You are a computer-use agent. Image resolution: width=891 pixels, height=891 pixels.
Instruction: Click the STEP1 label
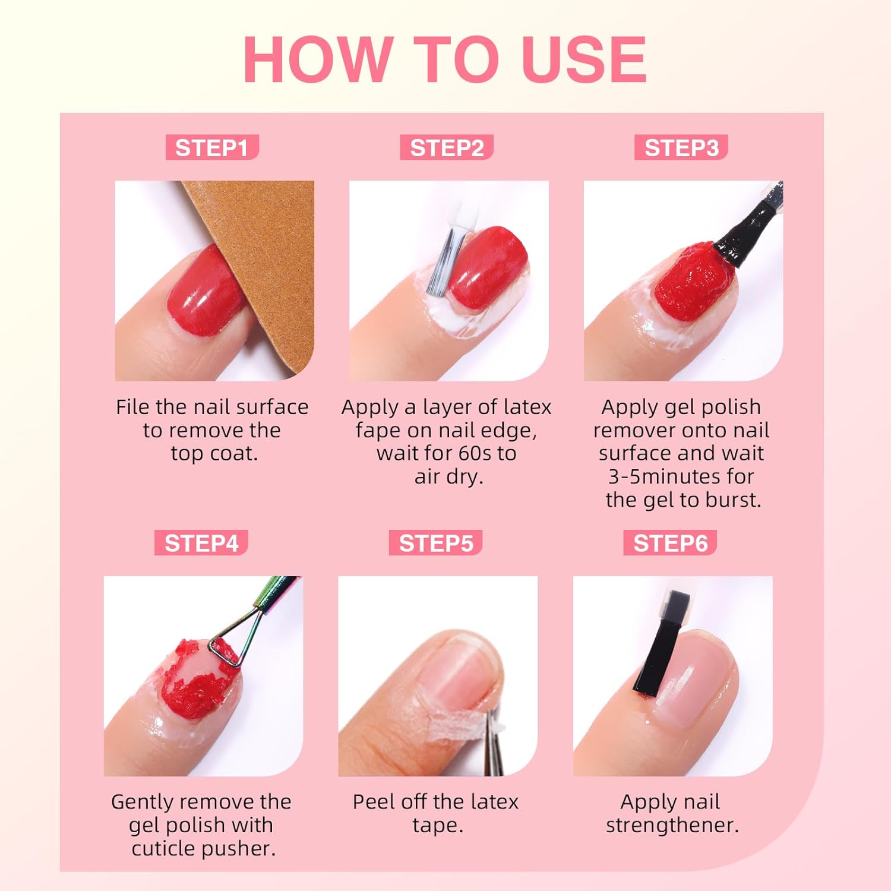(x=212, y=148)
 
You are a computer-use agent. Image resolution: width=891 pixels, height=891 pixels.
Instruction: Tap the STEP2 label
(x=447, y=148)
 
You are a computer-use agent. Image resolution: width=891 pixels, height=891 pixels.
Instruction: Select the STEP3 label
(x=681, y=148)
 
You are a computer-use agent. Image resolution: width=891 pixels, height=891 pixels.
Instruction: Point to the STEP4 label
(x=201, y=543)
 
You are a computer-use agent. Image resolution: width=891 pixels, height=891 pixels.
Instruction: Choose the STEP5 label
(x=436, y=543)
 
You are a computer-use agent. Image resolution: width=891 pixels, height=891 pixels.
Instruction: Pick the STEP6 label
(x=670, y=543)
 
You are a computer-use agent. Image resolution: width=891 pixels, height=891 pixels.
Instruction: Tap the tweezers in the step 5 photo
(x=493, y=742)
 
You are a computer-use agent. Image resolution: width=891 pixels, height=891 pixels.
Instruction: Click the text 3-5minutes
(x=681, y=476)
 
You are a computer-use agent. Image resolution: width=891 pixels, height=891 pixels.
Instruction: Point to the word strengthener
(x=672, y=825)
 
